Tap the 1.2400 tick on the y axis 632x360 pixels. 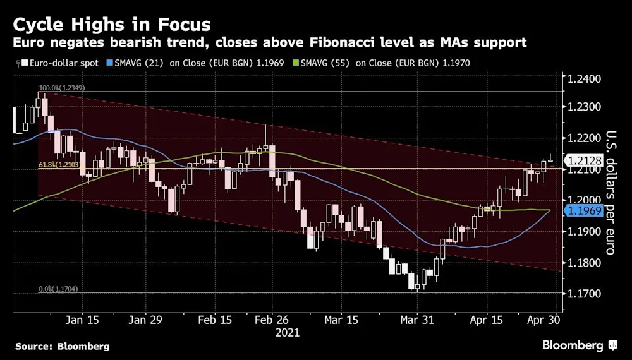coord(585,80)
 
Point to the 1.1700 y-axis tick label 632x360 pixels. coord(585,294)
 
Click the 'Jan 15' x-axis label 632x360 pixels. coord(83,320)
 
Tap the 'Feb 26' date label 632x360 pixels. coord(271,320)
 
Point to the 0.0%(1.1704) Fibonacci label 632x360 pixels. coord(59,289)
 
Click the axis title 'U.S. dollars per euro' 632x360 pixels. coord(611,192)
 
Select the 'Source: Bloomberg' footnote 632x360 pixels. coord(62,346)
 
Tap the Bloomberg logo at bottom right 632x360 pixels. coord(579,345)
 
